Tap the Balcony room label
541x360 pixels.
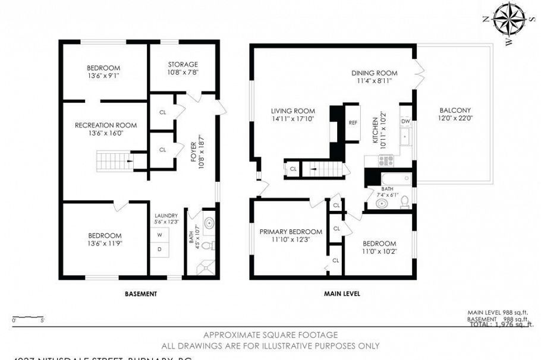455,110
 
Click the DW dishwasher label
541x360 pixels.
406,121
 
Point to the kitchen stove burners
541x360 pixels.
386,159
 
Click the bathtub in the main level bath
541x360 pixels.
394,178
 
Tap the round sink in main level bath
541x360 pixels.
381,203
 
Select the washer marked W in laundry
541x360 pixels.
159,235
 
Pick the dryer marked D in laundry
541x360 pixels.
159,249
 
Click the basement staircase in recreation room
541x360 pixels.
112,160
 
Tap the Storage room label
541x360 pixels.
183,64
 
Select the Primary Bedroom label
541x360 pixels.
291,232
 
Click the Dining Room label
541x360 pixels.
373,73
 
